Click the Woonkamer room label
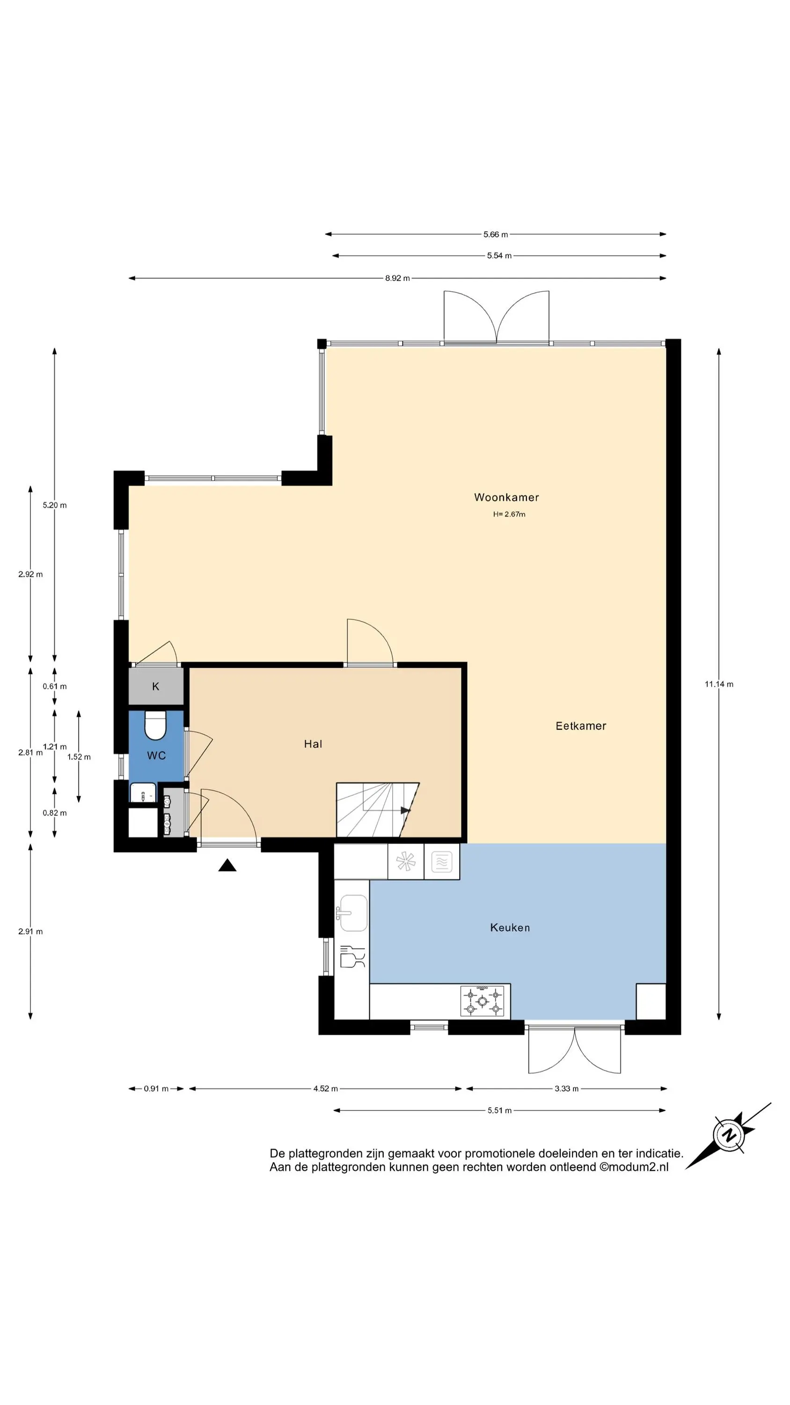coord(506,497)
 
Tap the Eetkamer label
coord(581,725)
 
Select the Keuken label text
coord(510,927)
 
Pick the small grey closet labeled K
coord(156,686)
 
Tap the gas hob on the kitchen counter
coord(483,1000)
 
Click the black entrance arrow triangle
coord(227,865)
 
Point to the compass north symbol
coord(729,1136)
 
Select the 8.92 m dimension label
coord(397,278)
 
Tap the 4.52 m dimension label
coord(325,1089)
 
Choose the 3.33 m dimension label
coord(566,1089)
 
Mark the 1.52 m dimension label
coord(79,757)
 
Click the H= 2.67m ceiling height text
coord(509,514)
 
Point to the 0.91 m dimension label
coord(156,1089)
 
